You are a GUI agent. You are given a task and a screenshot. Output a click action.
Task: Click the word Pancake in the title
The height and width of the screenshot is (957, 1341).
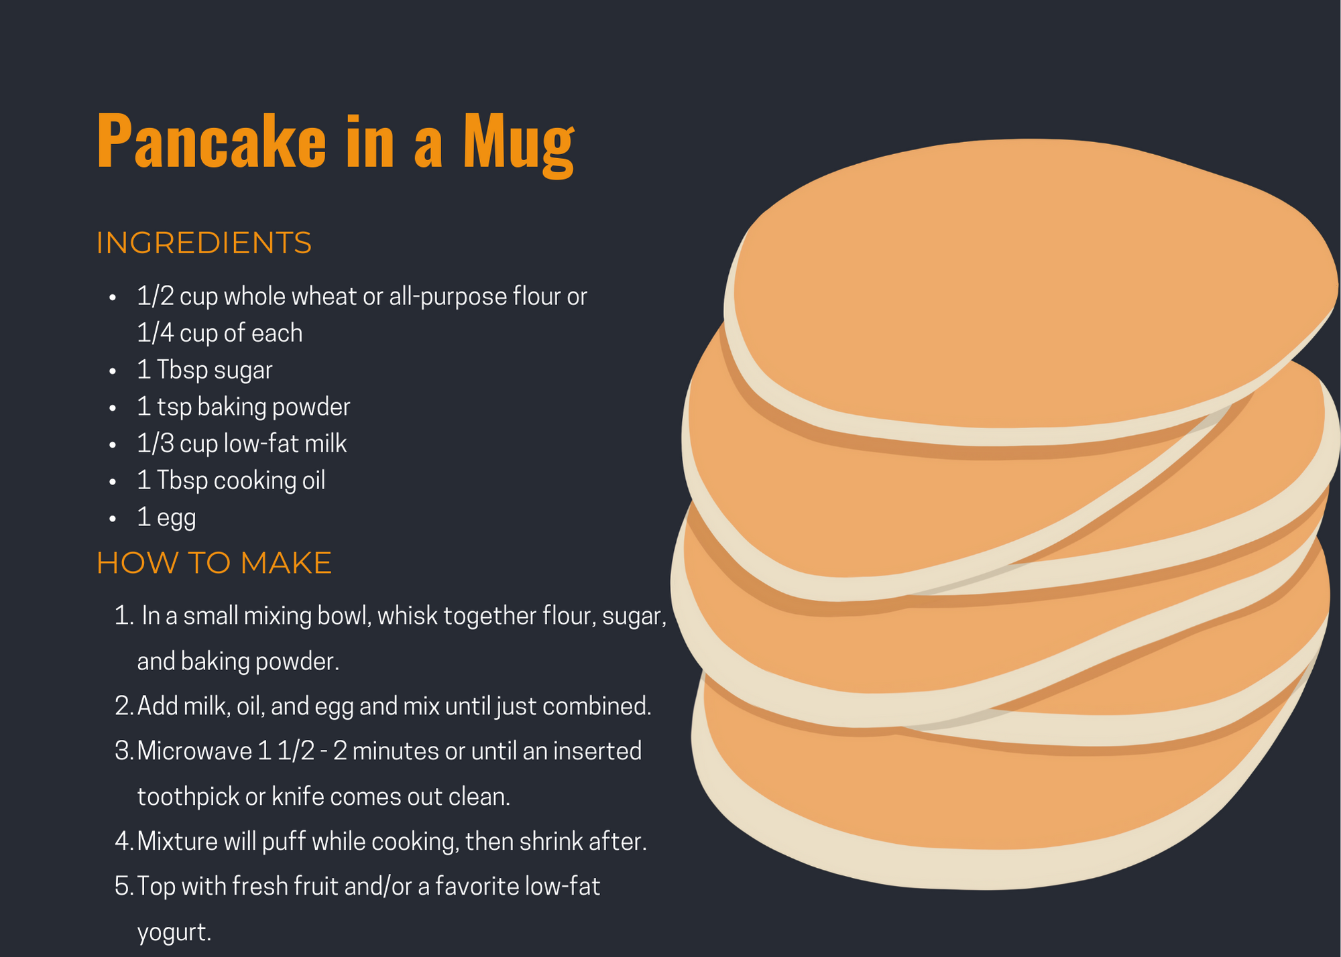click(211, 141)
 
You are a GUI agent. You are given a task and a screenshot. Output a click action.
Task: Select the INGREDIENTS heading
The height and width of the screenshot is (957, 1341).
click(204, 243)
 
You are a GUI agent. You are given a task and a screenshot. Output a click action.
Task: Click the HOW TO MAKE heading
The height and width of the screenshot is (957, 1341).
click(214, 563)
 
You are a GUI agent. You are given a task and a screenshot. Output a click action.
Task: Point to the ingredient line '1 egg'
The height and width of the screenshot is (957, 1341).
click(166, 518)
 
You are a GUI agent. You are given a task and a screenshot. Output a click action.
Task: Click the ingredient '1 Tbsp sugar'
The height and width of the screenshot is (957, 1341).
click(205, 370)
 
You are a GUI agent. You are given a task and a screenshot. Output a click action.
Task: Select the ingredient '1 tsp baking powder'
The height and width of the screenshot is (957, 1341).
click(243, 407)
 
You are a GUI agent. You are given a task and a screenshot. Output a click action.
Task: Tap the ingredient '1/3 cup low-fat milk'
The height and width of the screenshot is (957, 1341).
click(241, 444)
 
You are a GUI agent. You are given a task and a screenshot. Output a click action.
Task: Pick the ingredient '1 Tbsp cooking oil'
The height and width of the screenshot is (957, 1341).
click(231, 481)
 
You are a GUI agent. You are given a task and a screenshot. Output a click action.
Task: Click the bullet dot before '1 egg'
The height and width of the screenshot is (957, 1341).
click(113, 519)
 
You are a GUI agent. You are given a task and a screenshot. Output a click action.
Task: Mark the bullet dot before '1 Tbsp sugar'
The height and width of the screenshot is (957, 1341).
click(113, 371)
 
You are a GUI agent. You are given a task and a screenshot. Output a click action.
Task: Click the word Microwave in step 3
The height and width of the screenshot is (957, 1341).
click(194, 751)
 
